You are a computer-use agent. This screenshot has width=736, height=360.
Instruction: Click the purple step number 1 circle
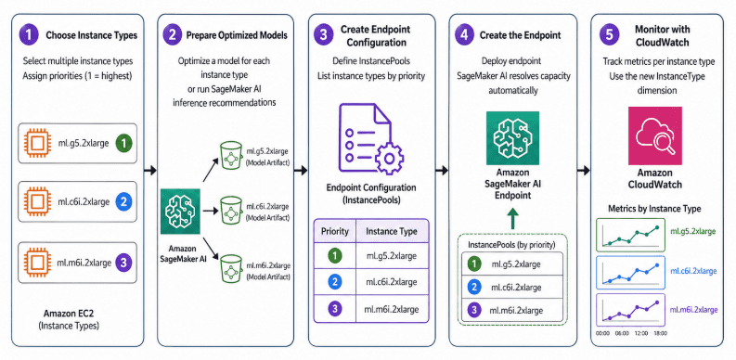(29, 35)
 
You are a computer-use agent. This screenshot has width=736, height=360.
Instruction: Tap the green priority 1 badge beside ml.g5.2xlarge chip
(123, 143)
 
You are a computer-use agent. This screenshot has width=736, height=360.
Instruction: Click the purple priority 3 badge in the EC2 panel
(123, 263)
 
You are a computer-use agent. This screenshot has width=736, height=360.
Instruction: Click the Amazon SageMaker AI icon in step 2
(181, 212)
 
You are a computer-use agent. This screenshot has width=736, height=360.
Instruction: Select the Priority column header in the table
(335, 231)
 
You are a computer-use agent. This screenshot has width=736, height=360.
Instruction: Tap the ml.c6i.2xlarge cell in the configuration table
(392, 283)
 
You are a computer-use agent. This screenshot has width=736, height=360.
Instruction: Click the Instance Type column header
(391, 231)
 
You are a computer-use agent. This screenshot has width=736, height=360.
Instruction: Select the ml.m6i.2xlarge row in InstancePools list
(512, 310)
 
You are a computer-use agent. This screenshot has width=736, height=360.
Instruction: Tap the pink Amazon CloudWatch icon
(654, 135)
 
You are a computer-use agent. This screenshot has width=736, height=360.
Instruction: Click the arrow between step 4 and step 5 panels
(584, 171)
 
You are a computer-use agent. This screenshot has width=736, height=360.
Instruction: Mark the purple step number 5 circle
(609, 35)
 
